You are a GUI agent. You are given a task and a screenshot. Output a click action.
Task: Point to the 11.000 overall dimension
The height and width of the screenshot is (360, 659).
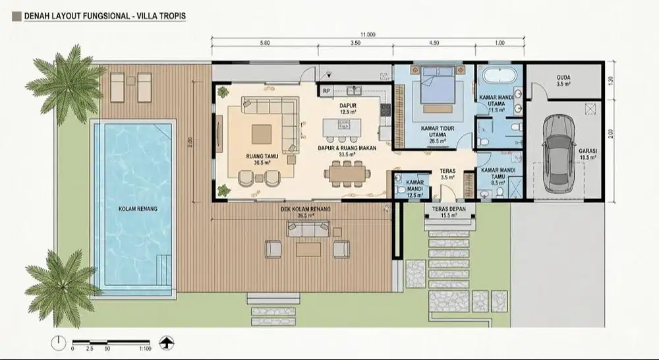click(x=367, y=34)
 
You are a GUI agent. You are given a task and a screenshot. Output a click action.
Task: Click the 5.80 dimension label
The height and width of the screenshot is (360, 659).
click(x=265, y=44)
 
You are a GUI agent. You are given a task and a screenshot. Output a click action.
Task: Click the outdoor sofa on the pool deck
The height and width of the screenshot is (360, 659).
click(x=307, y=228)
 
